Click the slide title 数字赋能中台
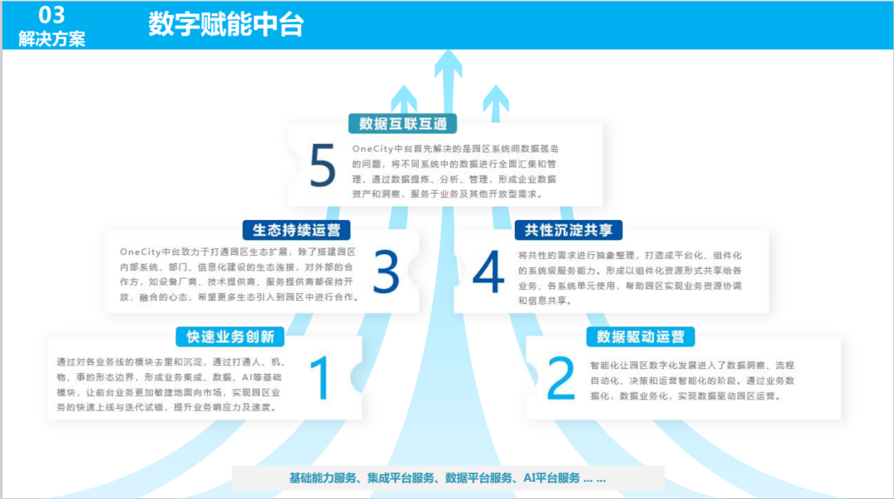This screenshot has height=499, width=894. coord(226,25)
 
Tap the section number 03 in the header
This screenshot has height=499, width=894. coord(51,14)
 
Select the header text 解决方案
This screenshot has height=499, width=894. coord(51,38)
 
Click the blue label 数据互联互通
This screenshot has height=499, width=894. coord(402,124)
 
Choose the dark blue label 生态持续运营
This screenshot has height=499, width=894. coord(296,229)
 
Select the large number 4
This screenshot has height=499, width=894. coord(488,271)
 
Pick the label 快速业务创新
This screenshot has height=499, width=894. coord(230,337)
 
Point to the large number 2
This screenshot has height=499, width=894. coord(560,379)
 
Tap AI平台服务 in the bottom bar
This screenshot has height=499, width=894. coord(551,478)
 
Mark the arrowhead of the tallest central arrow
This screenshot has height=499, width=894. coord(448,62)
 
